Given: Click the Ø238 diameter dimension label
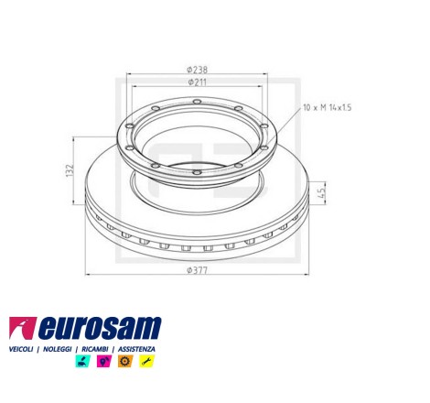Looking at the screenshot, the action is click(x=197, y=70).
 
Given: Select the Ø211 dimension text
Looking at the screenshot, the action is click(x=197, y=82).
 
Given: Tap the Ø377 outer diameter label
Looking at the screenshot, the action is click(x=197, y=270).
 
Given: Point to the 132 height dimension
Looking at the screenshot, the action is click(x=70, y=170).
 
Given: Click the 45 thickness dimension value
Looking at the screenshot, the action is click(x=322, y=192).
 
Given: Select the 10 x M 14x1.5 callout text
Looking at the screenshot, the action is click(x=328, y=107).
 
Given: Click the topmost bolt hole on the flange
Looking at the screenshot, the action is click(x=198, y=102).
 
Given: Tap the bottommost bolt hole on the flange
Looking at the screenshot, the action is click(x=198, y=173).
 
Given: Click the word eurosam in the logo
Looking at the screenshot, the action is click(x=100, y=328).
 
